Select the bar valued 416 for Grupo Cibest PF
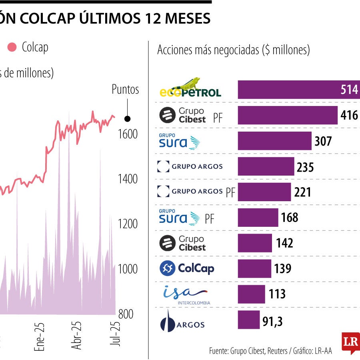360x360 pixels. (288, 115)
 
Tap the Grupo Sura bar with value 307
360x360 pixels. (274, 141)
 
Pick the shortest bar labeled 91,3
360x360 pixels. (248, 320)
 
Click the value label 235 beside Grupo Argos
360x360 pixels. (305, 167)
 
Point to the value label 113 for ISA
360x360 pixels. (277, 294)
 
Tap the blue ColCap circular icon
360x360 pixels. (167, 268)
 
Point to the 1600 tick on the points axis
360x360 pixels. (127, 134)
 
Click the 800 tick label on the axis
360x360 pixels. (126, 314)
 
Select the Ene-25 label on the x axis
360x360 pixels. (40, 337)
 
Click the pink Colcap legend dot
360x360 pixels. (12, 48)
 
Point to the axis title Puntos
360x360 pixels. (125, 89)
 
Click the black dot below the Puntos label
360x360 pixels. (127, 118)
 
